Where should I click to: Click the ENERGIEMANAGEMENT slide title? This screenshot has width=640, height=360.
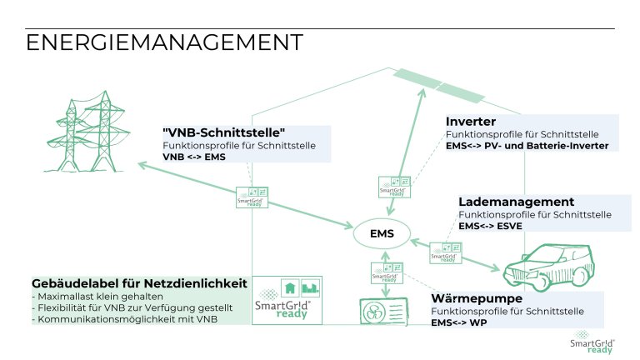click(163, 42)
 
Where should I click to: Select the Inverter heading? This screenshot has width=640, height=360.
click(471, 122)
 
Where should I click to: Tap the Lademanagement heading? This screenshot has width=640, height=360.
click(516, 202)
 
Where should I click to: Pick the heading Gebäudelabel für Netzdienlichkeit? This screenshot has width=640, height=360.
click(139, 284)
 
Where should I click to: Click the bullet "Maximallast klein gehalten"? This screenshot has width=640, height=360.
click(99, 297)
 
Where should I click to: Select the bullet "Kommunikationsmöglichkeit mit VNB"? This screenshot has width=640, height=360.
click(122, 320)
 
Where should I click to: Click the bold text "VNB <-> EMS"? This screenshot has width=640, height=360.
click(194, 157)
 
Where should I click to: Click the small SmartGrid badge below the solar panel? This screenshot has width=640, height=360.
click(392, 185)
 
